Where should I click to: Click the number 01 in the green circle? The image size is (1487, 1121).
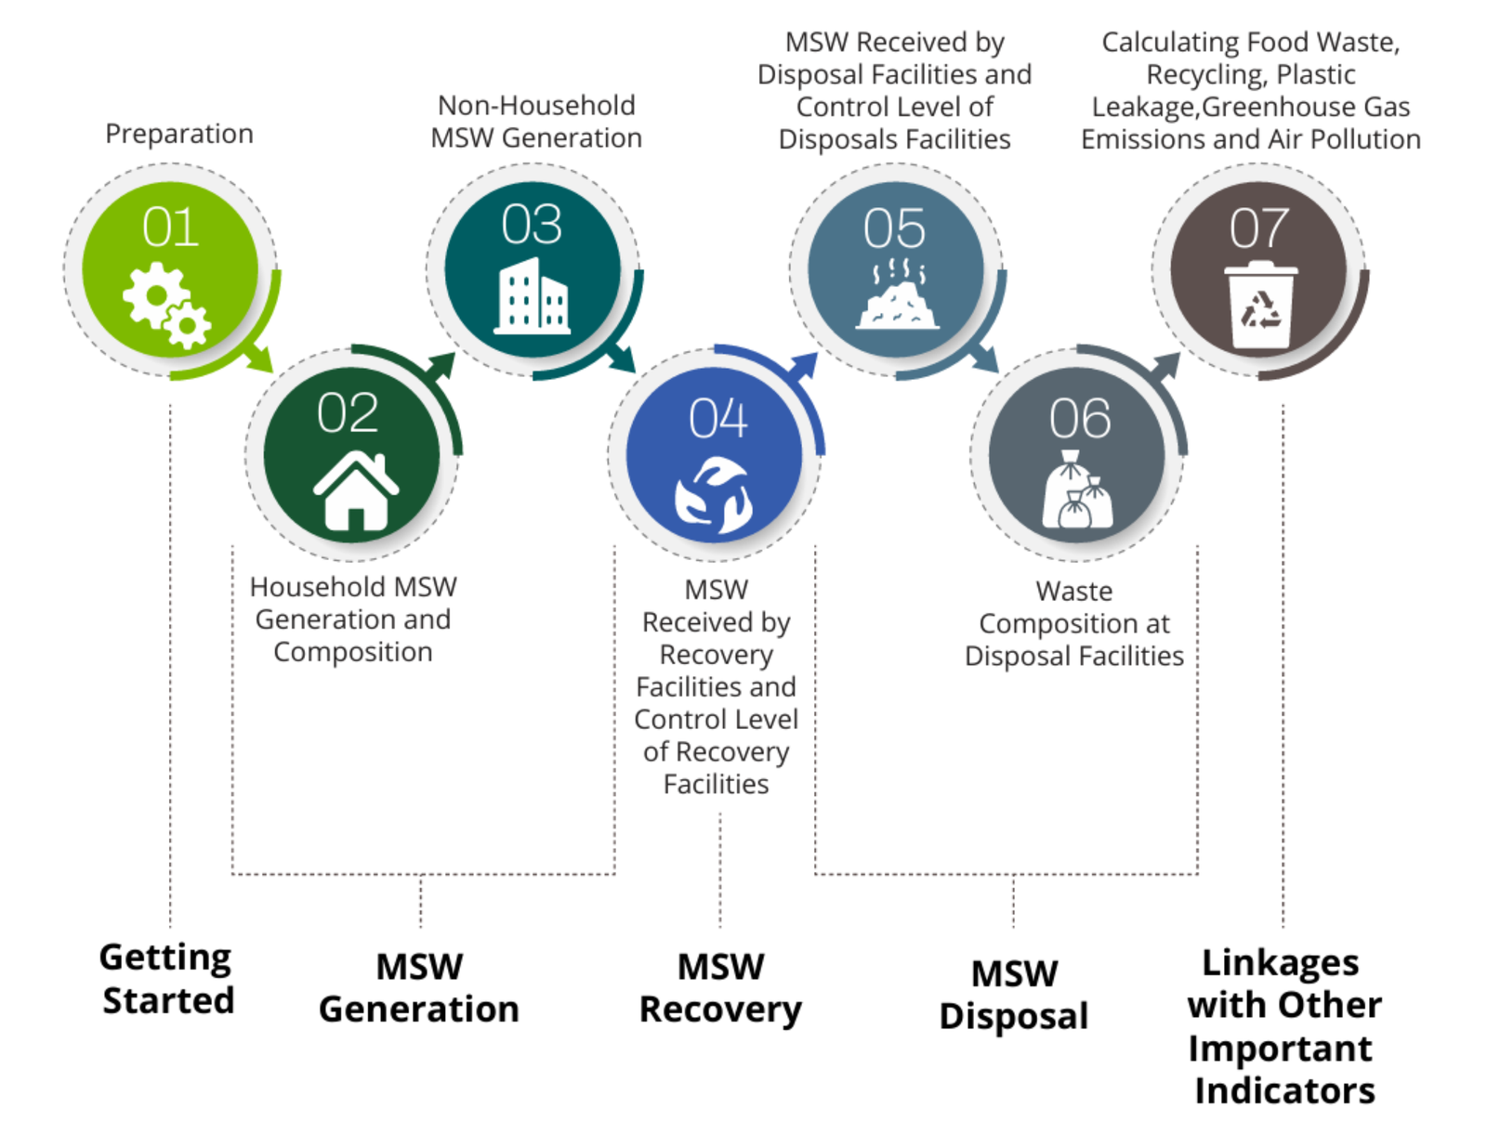(171, 228)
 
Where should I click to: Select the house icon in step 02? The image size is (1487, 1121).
(356, 490)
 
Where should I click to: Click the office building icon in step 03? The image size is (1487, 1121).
(533, 295)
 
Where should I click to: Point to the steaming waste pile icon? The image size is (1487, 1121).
(897, 295)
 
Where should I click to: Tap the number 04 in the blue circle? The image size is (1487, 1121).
(717, 419)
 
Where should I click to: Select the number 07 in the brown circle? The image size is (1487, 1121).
(1259, 228)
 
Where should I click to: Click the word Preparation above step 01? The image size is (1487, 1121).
(179, 134)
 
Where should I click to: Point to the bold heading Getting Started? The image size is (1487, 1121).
(167, 979)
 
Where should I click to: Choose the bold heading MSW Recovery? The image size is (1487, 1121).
(720, 988)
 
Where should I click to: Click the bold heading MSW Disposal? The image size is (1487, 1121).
(1014, 995)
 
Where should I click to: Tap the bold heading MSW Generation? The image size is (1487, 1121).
(419, 988)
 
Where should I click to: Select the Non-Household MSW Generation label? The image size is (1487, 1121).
(536, 122)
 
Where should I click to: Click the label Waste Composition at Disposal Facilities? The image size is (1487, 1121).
(1074, 623)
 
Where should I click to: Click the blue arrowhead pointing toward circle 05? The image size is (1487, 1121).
(804, 364)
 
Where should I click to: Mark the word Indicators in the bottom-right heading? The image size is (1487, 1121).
(1284, 1091)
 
